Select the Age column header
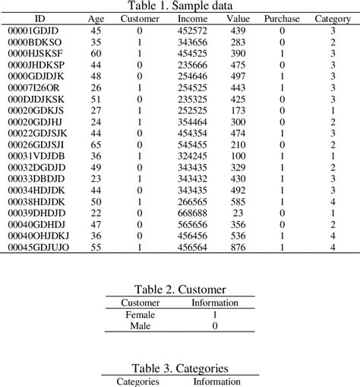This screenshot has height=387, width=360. (x=96, y=18)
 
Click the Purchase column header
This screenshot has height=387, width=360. (x=282, y=18)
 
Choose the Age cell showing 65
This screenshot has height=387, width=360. (x=96, y=144)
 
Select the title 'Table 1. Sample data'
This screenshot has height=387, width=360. (x=179, y=6)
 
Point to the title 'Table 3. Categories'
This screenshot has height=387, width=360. (x=179, y=368)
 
